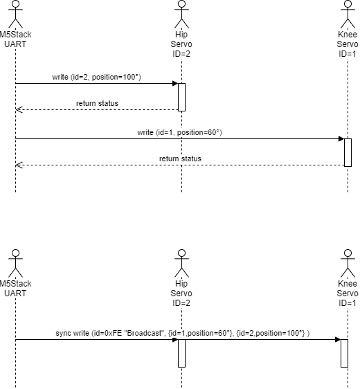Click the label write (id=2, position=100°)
[x=96, y=77]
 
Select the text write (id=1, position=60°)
[x=179, y=132]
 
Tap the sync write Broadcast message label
[x=183, y=333]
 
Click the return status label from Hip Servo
[x=97, y=103]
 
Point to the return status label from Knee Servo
[x=180, y=159]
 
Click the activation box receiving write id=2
[x=181, y=97]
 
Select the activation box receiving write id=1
[x=348, y=152]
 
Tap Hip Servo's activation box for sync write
[x=181, y=353]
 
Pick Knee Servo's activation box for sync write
[x=344, y=353]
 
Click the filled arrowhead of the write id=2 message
[x=175, y=83]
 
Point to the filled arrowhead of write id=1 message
[x=341, y=138]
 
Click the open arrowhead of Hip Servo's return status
[x=19, y=109]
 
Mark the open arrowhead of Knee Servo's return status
[x=19, y=165]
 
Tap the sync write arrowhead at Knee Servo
[x=338, y=339]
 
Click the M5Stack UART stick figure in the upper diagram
[x=15, y=14]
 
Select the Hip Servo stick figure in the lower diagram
[x=181, y=264]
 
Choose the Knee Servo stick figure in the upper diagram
[x=348, y=14]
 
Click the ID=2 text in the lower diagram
[x=181, y=302]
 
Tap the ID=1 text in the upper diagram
[x=348, y=53]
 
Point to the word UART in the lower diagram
[x=15, y=293]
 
